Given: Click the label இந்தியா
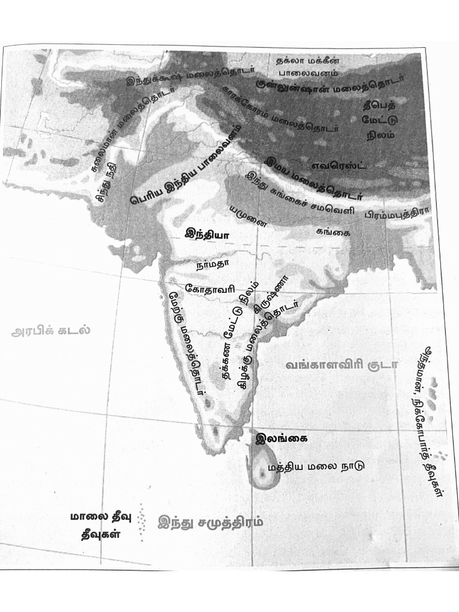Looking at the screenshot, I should pos(207,235).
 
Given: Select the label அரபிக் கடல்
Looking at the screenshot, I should pos(50,331).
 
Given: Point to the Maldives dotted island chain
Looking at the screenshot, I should pos(142,522).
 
